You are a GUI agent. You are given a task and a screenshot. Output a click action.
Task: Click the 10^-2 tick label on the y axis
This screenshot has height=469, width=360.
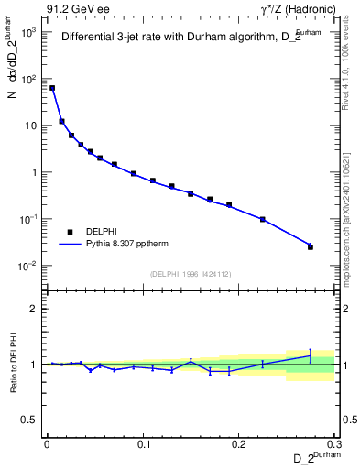(27, 266)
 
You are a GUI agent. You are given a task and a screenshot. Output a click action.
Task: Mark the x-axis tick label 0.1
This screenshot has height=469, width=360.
(143, 444)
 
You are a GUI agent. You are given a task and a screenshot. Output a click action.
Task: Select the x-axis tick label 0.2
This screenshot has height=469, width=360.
(239, 444)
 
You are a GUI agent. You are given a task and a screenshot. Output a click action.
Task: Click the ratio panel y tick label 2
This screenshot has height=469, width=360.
(32, 309)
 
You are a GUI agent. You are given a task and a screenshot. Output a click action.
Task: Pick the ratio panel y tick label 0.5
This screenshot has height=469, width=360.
(28, 420)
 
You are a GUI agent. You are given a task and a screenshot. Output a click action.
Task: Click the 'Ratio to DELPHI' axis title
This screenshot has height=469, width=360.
(13, 364)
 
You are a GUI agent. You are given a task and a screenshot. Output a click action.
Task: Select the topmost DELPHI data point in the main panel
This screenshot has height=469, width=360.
(52, 88)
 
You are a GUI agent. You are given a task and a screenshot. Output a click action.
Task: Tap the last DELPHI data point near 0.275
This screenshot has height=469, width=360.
(311, 246)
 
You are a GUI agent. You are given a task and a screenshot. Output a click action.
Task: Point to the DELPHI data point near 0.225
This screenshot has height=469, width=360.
(263, 219)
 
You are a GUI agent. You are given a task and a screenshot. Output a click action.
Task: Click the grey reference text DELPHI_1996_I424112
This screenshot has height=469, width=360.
(191, 274)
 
